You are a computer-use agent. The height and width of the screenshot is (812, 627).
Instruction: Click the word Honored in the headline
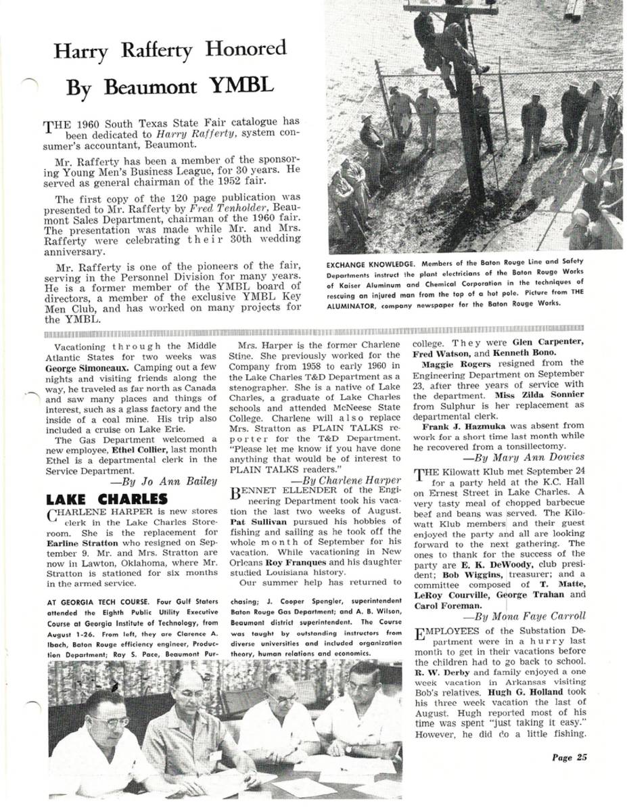point(246,49)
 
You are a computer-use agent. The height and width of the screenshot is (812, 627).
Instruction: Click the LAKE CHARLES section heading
point(106,501)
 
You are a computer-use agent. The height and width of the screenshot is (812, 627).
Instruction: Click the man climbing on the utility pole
point(447,47)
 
